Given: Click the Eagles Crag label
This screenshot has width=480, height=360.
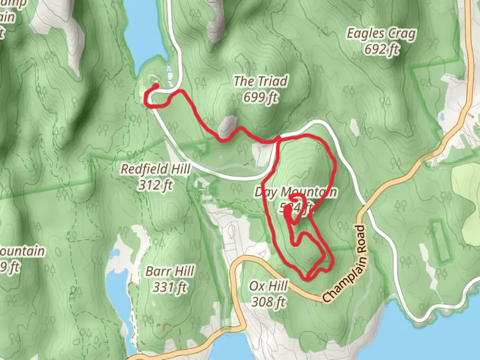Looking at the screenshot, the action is point(381,34).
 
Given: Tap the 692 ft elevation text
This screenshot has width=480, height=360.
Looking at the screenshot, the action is point(381,49).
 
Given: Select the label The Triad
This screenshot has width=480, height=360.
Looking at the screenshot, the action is point(260,81).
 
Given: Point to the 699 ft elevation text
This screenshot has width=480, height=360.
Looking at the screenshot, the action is point(260,97).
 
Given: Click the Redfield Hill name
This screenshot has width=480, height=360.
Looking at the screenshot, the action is point(155,169).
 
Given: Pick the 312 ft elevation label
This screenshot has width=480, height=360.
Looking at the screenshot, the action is point(155,185).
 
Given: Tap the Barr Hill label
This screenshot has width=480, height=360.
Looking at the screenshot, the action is point(170,271).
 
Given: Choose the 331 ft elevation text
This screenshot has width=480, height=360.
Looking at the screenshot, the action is point(170,287).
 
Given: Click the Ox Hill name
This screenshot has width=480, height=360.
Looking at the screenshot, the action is point(268,286).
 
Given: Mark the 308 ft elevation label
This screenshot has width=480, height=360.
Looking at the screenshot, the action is point(268,302).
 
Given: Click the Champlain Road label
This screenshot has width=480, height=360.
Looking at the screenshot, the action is point(345,264).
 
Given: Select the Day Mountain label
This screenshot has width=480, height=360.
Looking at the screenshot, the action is point(295,192).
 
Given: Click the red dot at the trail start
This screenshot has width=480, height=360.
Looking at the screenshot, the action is point(156,86).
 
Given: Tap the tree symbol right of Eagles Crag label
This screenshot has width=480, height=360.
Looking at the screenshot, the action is point(433,43).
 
